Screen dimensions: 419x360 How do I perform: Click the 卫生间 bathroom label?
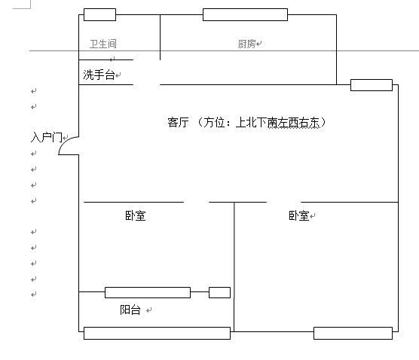103,44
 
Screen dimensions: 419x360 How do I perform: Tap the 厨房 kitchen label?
246,44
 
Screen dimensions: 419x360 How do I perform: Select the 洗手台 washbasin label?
99,75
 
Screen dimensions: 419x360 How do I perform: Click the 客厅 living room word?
178,123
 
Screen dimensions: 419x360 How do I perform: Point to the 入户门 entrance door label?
47,138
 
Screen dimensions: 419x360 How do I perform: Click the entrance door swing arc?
64,142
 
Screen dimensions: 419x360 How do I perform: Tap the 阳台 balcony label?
130,310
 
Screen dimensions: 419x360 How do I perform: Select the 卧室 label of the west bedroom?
136,216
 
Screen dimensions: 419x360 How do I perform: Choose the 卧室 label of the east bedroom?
298,216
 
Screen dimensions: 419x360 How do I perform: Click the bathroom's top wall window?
99,15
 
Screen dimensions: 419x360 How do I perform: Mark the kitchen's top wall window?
246,15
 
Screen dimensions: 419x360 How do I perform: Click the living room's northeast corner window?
372,85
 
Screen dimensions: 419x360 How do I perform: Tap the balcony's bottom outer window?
157,333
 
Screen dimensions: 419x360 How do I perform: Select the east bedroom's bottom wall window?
353,333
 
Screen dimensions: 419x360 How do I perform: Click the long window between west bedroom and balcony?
148,292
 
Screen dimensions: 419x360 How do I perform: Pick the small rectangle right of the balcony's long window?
219,292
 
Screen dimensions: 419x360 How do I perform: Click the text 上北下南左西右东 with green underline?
278,123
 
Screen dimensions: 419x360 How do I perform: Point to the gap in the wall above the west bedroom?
197,202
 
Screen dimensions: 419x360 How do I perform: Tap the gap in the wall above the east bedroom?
284,202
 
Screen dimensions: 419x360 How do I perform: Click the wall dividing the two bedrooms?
234,267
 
